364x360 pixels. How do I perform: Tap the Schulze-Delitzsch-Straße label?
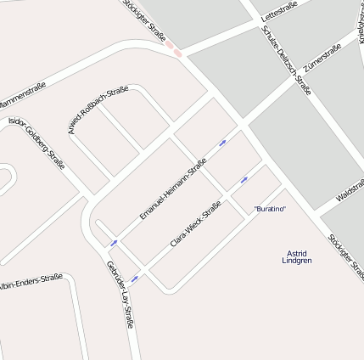pos(287,59)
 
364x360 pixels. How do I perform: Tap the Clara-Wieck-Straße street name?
pos(196,224)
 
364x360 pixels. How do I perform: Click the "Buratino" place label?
pos(270,209)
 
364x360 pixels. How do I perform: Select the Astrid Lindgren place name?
pos(297,256)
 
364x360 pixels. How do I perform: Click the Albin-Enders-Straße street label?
pos(31,281)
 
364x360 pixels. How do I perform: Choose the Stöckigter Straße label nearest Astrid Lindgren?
pos(345,256)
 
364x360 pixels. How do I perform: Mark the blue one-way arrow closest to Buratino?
pos(244,179)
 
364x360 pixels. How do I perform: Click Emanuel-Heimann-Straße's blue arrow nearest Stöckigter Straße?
pos(223,142)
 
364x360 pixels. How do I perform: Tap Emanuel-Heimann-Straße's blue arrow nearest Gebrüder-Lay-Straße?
pos(114,243)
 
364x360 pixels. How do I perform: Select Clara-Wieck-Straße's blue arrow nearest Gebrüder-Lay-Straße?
pos(134,278)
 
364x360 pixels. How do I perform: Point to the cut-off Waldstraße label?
pos(350,194)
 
